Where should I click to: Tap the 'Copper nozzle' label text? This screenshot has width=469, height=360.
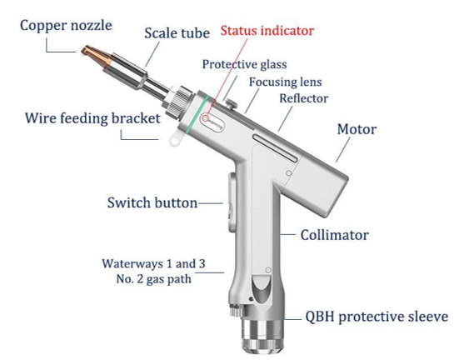(66, 25)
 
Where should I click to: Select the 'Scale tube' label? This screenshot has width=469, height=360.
(177, 33)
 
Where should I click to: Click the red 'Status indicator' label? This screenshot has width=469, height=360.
(267, 31)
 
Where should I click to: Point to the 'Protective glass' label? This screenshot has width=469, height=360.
(244, 64)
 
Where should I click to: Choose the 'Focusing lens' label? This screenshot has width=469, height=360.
(286, 82)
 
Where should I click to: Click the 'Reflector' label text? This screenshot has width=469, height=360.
(303, 98)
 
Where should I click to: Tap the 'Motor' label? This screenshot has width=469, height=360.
(357, 129)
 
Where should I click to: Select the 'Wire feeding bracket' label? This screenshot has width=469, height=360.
(92, 118)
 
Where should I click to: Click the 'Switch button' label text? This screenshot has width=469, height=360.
(152, 202)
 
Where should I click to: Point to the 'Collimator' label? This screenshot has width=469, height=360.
(334, 235)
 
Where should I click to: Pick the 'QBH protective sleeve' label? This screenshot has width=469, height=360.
(377, 317)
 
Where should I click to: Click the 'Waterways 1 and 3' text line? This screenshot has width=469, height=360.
(154, 263)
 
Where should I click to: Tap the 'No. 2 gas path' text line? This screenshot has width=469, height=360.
(154, 279)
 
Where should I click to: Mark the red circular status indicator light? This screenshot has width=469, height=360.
(205, 118)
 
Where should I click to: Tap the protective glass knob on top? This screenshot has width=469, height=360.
(231, 103)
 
